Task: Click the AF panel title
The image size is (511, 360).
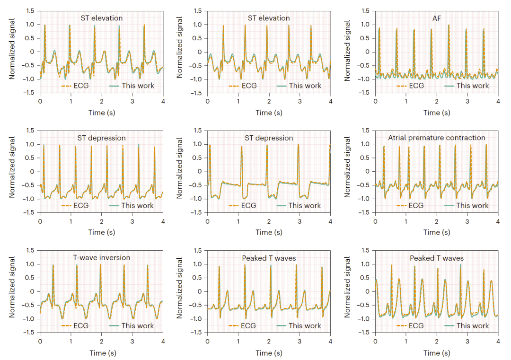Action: [436, 18]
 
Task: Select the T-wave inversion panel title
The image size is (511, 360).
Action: [101, 258]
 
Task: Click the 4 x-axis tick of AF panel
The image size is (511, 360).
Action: [498, 101]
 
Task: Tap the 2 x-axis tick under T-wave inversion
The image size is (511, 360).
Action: [101, 341]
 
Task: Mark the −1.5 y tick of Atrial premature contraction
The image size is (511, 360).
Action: [365, 212]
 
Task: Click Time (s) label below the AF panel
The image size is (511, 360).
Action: [436, 113]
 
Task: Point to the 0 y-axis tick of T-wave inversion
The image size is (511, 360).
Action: [32, 291]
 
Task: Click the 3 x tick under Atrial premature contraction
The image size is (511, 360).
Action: [467, 221]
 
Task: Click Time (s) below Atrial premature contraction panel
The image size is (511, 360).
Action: [436, 232]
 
